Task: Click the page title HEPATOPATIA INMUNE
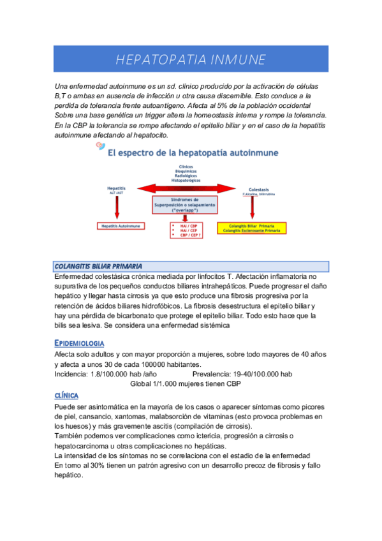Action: click(x=191, y=60)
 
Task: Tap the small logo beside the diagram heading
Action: click(x=99, y=147)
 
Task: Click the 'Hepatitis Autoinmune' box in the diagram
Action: click(x=121, y=226)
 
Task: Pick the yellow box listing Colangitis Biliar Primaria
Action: click(x=251, y=228)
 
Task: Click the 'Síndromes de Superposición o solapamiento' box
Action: click(x=184, y=204)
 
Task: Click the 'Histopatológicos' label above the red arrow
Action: click(x=184, y=181)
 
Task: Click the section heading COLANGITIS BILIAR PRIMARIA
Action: click(x=98, y=266)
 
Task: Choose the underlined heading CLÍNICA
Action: click(x=71, y=396)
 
